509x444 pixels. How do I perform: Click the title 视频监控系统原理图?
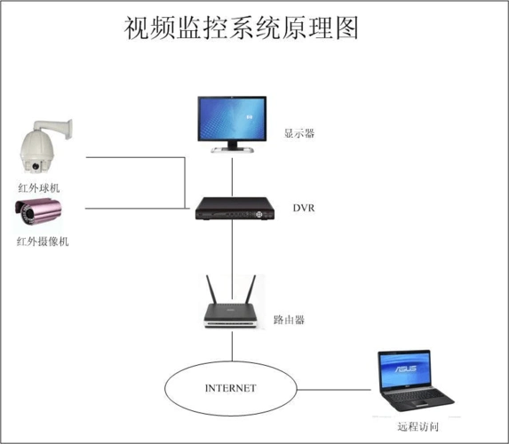tap(241, 29)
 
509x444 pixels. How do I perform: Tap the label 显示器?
tap(300, 134)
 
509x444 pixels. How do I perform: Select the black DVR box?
tap(233, 211)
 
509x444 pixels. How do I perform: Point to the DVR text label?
tap(303, 209)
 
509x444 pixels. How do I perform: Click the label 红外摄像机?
tap(42, 242)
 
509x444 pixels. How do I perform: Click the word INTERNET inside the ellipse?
tap(230, 388)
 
